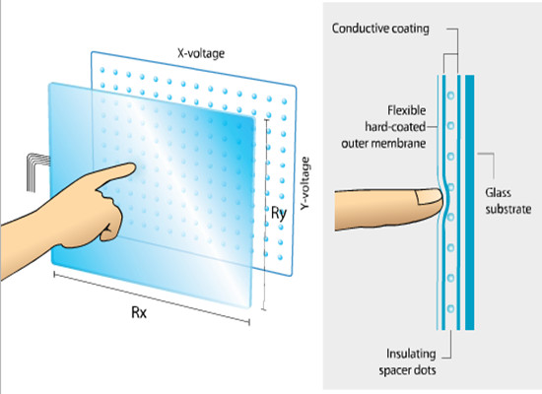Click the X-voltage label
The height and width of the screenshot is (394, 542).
(201, 53)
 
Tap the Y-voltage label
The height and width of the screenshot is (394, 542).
(305, 183)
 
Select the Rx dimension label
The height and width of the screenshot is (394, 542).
(139, 312)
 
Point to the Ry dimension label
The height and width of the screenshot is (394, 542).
(279, 213)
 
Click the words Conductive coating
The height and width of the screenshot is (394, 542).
(380, 29)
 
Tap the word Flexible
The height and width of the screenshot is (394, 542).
(406, 110)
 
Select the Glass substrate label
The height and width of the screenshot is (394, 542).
(508, 201)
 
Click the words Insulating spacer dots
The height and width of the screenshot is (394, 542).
(407, 361)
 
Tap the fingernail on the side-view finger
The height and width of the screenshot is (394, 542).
(429, 197)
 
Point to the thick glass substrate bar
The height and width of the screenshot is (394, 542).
(469, 202)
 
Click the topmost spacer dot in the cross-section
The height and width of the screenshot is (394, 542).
(450, 95)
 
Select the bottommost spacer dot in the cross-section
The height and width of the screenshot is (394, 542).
(450, 308)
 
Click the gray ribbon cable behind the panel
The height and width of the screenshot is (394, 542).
(36, 171)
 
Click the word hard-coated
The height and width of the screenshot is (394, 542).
(395, 127)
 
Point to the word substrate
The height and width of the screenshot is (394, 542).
(508, 209)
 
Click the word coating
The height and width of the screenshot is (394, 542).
(410, 29)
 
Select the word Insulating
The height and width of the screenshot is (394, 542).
(411, 354)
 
